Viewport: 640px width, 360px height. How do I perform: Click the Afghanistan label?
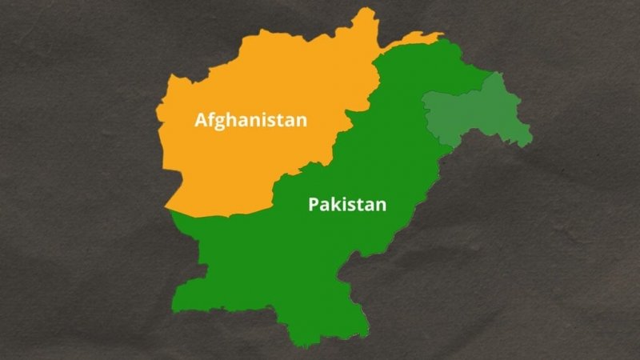click(251, 121)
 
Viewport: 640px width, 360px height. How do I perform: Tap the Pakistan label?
click(347, 204)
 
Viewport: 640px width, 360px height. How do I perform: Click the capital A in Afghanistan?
click(202, 121)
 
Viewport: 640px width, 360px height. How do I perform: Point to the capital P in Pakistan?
click(314, 204)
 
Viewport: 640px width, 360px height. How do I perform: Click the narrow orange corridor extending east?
click(416, 38)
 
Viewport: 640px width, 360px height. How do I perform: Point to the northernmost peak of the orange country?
click(370, 10)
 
